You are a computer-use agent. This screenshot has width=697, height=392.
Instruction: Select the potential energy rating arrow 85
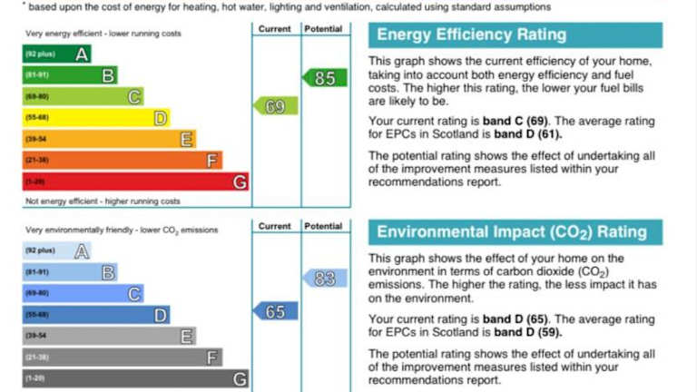click(x=324, y=78)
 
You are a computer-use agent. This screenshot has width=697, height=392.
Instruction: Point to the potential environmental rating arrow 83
click(x=324, y=279)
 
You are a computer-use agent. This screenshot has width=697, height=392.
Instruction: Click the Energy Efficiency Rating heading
click(x=471, y=35)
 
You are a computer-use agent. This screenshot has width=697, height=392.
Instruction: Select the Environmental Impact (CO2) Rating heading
click(x=512, y=231)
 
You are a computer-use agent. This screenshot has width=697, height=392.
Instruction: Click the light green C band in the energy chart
click(x=83, y=96)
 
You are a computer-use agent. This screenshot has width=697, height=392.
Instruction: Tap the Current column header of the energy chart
click(x=275, y=29)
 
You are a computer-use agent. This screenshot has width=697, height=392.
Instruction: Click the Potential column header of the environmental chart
click(x=324, y=226)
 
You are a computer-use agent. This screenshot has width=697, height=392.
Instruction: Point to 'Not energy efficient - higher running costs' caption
click(x=103, y=201)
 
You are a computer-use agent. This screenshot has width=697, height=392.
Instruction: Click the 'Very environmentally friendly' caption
click(x=122, y=230)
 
